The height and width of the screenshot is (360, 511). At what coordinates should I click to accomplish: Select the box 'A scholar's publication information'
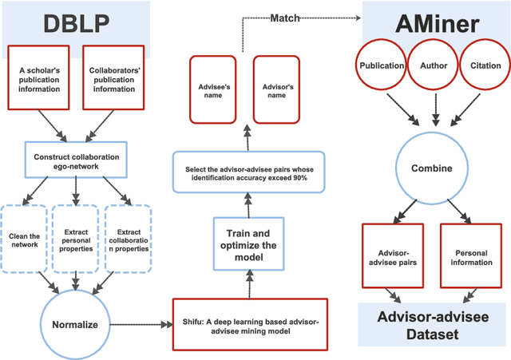(38, 79)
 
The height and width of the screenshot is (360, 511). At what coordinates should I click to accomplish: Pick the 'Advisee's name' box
(213, 90)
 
